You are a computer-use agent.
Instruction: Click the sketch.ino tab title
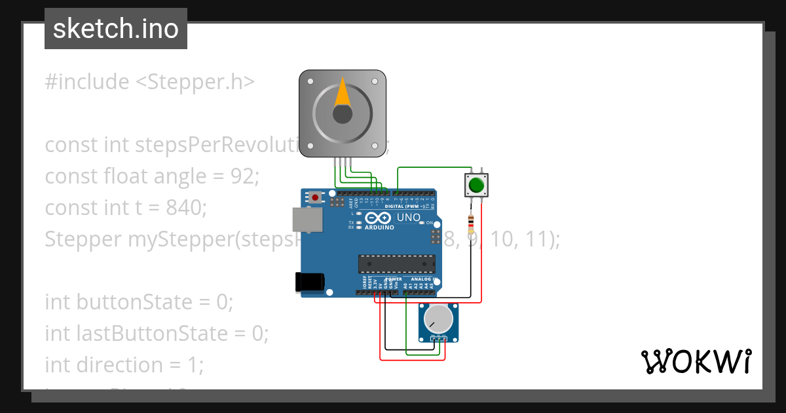point(116,29)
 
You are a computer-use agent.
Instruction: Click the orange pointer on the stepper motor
point(343,92)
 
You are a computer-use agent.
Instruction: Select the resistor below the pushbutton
point(471,225)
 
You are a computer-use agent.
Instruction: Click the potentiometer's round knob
point(438,319)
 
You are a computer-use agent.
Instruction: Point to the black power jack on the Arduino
point(309,281)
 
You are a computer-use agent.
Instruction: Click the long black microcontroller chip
point(396,264)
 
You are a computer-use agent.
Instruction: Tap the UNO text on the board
point(409,217)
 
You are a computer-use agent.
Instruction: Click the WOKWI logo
point(696,362)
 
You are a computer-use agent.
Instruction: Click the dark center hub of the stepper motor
point(343,115)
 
